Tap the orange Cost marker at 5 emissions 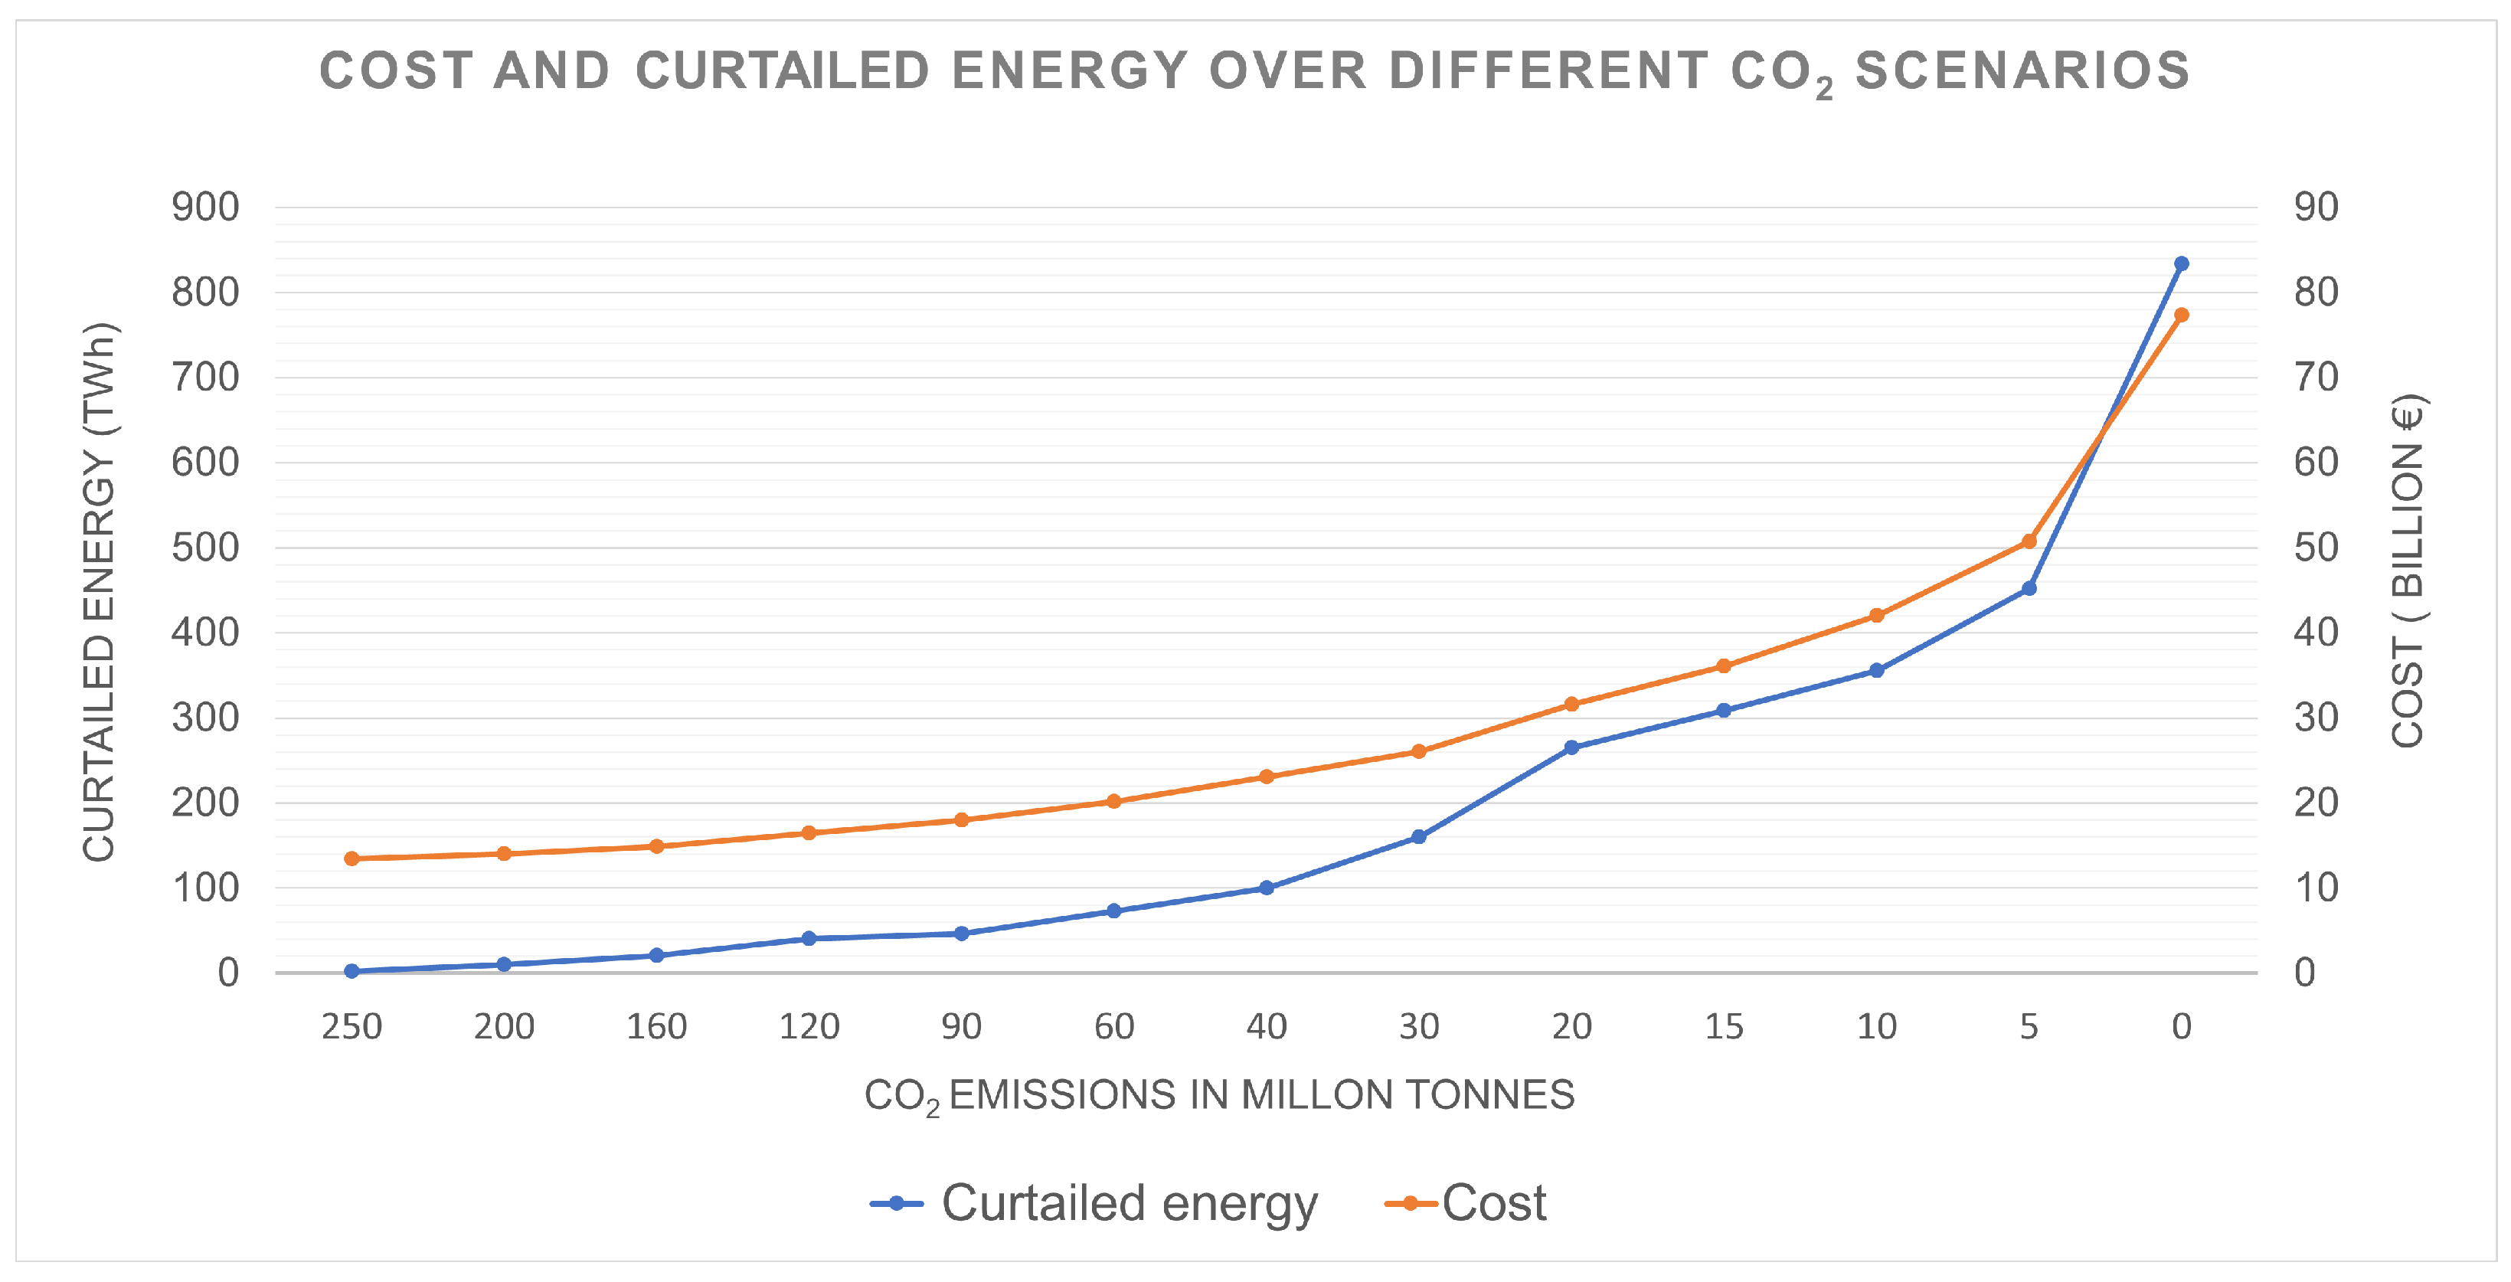(2029, 541)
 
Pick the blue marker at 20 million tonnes (1571, 747)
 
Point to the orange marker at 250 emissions (352, 859)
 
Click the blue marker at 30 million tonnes (1419, 836)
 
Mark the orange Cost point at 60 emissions (1114, 801)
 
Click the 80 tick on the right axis (2316, 293)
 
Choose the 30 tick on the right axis (2316, 718)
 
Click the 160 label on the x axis (656, 1026)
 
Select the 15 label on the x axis (1723, 1026)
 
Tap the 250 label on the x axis (352, 1026)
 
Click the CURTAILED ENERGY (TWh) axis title (99, 592)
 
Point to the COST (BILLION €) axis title (2408, 571)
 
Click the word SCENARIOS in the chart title (2022, 72)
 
